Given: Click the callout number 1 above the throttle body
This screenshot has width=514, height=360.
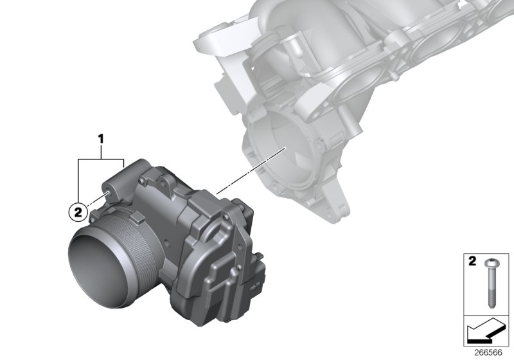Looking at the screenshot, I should pos(100,138).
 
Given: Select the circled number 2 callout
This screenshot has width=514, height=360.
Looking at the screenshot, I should pos(77,210).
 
